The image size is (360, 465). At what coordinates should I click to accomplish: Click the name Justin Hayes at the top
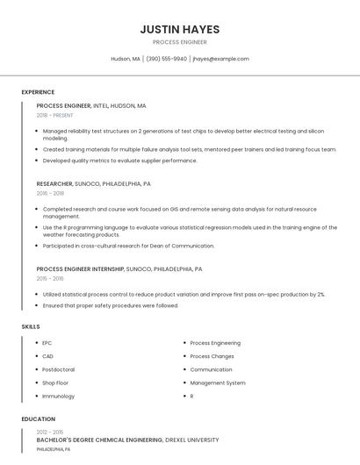pyautogui.click(x=179, y=30)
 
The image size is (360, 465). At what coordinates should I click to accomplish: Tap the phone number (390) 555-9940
pyautogui.click(x=166, y=59)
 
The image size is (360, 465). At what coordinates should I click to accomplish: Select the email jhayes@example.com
pyautogui.click(x=220, y=59)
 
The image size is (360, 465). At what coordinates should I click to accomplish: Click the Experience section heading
pyautogui.click(x=38, y=92)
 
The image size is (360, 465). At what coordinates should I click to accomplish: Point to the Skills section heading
pyautogui.click(x=31, y=326)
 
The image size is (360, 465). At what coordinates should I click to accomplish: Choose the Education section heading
pyautogui.click(x=39, y=419)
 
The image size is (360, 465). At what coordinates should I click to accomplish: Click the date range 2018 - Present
pyautogui.click(x=54, y=115)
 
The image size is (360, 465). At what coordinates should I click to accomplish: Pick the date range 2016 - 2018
pyautogui.click(x=50, y=193)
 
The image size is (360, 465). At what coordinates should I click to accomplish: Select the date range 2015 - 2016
pyautogui.click(x=50, y=278)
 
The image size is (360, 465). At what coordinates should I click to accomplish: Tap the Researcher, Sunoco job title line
pyautogui.click(x=93, y=184)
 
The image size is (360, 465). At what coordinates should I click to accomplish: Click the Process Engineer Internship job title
pyautogui.click(x=119, y=269)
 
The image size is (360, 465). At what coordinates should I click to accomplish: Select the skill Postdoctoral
pyautogui.click(x=58, y=369)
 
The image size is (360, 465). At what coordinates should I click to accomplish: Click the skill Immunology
pyautogui.click(x=58, y=397)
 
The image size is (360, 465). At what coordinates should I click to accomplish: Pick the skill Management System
pyautogui.click(x=218, y=383)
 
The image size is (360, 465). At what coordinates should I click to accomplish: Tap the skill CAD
pyautogui.click(x=47, y=356)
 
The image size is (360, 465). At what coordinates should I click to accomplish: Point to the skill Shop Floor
pyautogui.click(x=55, y=383)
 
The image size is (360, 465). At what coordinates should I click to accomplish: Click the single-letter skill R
pyautogui.click(x=191, y=397)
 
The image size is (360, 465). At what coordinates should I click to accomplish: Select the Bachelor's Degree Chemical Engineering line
pyautogui.click(x=127, y=440)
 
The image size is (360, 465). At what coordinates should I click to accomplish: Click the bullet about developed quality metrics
pyautogui.click(x=119, y=161)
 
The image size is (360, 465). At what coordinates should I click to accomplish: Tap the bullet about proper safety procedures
pyautogui.click(x=110, y=305)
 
